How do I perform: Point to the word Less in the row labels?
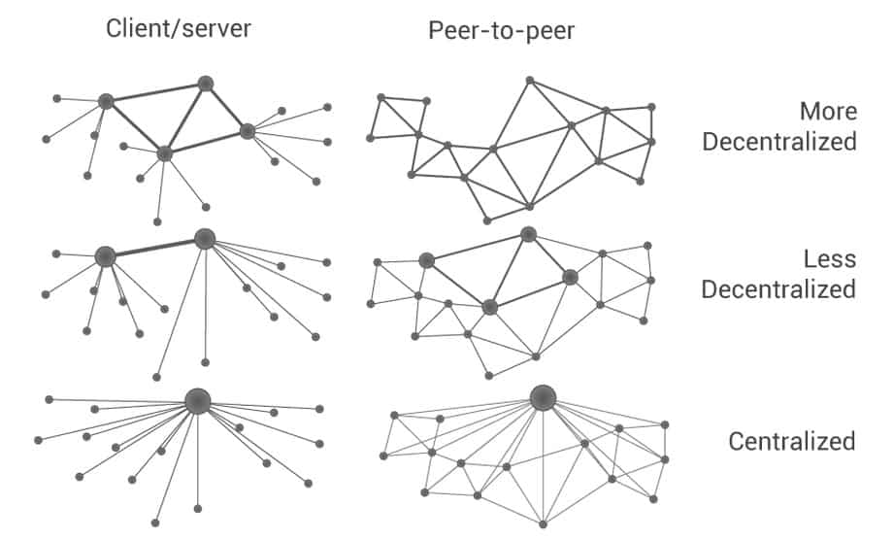click(x=830, y=259)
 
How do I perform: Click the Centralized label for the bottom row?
click(x=792, y=442)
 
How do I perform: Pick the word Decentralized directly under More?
click(x=779, y=142)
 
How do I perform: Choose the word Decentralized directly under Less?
click(x=779, y=289)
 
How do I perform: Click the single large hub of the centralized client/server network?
click(x=198, y=401)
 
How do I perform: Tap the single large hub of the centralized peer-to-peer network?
click(x=543, y=396)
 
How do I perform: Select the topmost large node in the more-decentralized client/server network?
click(x=205, y=84)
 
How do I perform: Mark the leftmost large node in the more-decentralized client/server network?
click(x=106, y=101)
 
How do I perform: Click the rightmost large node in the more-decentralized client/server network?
click(x=248, y=131)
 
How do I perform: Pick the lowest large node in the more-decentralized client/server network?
click(x=164, y=153)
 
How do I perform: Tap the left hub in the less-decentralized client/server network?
click(x=106, y=256)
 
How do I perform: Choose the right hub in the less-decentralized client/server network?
click(x=204, y=239)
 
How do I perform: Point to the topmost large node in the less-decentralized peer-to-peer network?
click(x=528, y=234)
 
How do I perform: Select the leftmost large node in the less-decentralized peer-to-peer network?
click(x=426, y=260)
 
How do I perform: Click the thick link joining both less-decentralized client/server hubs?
click(x=155, y=248)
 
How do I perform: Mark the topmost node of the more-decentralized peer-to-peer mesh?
click(x=529, y=81)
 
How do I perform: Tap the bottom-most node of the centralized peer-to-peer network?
click(x=544, y=523)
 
